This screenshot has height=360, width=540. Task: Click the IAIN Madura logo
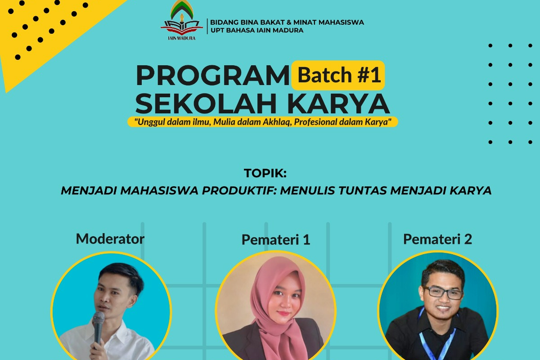(182, 21)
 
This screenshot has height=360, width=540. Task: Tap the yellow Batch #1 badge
(338, 75)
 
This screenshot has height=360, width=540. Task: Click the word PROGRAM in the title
(212, 76)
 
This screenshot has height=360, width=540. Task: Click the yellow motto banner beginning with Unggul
(263, 122)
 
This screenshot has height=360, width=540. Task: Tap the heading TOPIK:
(265, 174)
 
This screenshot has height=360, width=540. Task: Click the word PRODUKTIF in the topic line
(240, 190)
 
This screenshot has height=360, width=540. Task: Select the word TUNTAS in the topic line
(362, 190)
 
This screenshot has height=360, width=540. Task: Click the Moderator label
(110, 238)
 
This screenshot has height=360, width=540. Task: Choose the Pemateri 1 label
(275, 240)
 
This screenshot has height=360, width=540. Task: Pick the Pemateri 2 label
(437, 239)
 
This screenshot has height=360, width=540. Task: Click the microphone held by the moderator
(99, 325)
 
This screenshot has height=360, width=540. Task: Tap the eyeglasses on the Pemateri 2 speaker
(442, 292)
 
